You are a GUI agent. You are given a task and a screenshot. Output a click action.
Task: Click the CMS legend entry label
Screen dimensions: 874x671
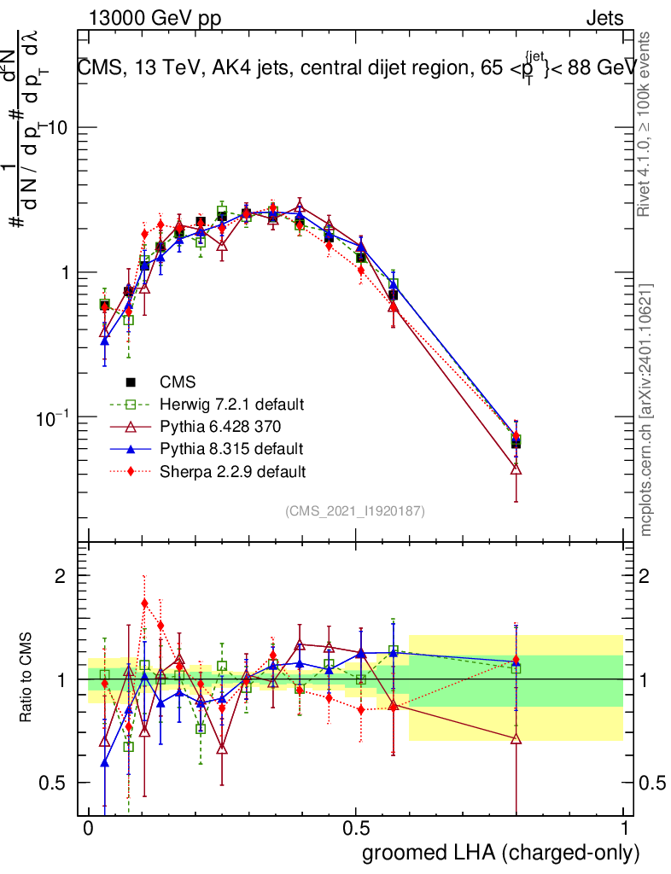pyautogui.click(x=178, y=382)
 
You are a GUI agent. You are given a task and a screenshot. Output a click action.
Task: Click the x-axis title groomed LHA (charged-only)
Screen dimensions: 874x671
pyautogui.click(x=502, y=852)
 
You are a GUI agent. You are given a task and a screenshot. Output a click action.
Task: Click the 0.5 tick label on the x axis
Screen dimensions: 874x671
pyautogui.click(x=355, y=829)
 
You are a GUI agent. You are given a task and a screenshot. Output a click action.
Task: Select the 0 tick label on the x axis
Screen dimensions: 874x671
pyautogui.click(x=88, y=829)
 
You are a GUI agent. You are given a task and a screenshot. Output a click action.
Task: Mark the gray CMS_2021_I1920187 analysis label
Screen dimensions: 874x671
pyautogui.click(x=355, y=511)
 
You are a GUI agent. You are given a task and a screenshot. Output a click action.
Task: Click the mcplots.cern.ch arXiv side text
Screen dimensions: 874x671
pyautogui.click(x=647, y=410)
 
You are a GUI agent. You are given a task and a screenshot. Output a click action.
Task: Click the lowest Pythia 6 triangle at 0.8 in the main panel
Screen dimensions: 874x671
pyautogui.click(x=516, y=469)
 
